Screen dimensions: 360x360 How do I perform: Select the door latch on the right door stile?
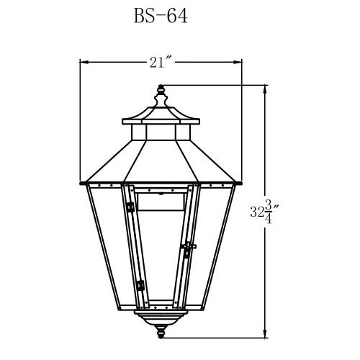click(188, 250)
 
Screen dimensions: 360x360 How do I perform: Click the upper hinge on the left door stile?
click(130, 208)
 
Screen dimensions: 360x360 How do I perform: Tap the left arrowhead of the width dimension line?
click(82, 62)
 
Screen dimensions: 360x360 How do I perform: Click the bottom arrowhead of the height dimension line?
click(268, 335)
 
